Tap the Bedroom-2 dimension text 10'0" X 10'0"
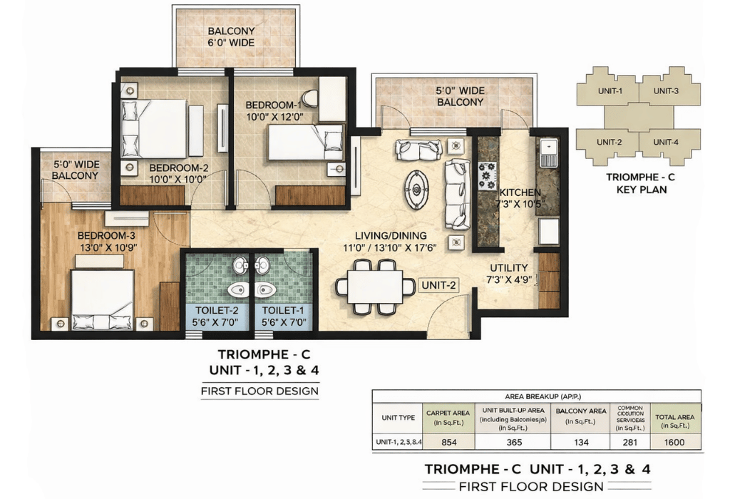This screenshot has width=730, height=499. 178,180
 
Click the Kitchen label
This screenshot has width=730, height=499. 520,193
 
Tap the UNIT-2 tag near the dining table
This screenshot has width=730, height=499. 438,285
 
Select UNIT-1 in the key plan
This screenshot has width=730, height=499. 610,91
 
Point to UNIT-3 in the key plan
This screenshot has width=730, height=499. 666,91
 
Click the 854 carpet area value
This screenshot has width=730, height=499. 449,442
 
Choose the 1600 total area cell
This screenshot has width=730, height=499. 675,442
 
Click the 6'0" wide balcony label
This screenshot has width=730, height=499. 230,37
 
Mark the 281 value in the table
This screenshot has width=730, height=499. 629,442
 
